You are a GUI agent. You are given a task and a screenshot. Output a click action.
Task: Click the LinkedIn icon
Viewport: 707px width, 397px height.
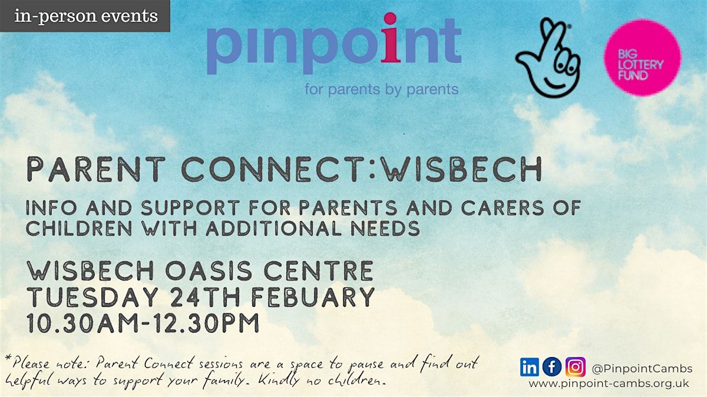tap(529, 367)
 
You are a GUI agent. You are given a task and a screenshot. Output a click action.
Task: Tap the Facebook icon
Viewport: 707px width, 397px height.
tap(551, 367)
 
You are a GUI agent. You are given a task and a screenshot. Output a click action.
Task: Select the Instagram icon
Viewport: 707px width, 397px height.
tap(576, 367)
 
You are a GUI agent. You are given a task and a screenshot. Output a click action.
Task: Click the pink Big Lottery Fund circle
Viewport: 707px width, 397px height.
tap(643, 58)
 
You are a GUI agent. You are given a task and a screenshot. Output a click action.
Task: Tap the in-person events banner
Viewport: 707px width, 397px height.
tap(85, 16)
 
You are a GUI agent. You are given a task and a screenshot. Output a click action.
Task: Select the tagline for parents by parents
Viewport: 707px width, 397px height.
tap(382, 89)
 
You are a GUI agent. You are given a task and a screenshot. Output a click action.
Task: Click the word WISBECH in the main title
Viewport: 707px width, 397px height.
tap(462, 169)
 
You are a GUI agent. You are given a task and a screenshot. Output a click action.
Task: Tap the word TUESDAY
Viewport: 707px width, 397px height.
tap(92, 297)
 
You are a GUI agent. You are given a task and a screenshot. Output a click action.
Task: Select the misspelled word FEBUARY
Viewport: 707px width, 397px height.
tap(313, 297)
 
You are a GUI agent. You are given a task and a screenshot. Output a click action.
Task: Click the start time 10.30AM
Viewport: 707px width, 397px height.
tap(82, 323)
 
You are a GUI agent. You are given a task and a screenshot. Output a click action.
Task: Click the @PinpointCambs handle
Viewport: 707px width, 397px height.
tap(642, 368)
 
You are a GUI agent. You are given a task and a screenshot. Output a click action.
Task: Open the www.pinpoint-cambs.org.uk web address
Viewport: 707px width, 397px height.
tap(609, 383)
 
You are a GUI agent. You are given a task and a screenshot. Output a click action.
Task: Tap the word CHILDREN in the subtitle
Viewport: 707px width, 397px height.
tap(79, 228)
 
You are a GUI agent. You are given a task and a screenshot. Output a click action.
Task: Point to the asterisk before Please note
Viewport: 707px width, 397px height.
tap(8, 359)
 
